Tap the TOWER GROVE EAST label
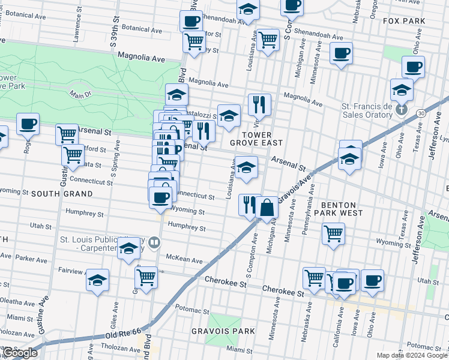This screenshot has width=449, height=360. (x=255, y=139)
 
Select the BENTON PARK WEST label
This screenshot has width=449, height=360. (x=342, y=208)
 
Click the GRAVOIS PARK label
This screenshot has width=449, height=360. (x=223, y=331)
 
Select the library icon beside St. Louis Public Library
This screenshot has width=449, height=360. (x=154, y=242)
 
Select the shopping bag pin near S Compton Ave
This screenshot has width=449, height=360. (x=267, y=208)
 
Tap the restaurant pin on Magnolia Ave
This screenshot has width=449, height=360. (x=259, y=105)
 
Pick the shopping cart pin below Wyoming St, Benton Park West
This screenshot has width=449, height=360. (x=333, y=233)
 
